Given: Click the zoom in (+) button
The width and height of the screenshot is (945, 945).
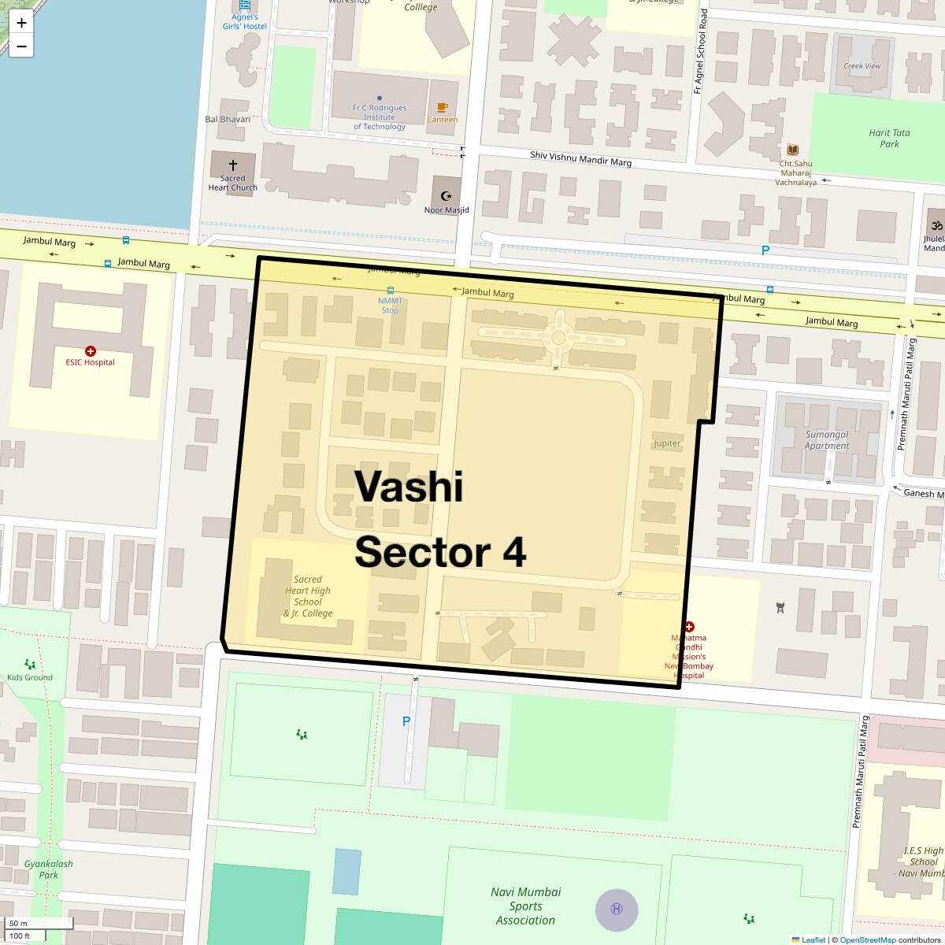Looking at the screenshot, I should point(21,23).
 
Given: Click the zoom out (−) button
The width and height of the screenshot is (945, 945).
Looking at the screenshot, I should point(21,46).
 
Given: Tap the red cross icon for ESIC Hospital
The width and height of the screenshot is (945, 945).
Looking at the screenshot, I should point(91,351).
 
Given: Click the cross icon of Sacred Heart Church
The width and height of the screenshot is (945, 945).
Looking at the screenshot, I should point(233,167).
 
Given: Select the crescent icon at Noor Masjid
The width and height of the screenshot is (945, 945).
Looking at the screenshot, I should point(447,196).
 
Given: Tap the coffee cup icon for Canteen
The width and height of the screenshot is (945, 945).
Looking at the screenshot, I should point(442,108).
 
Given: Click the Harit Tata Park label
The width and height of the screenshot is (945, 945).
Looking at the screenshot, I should point(889,139).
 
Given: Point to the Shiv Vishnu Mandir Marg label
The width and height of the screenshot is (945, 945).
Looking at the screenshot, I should point(580,159).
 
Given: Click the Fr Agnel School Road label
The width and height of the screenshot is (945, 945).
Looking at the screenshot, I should point(700,52).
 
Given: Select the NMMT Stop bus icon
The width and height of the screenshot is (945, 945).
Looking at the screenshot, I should point(390,291).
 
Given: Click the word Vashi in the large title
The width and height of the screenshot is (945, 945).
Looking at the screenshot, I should point(409,486).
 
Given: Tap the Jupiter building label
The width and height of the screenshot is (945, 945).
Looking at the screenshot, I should point(667,443).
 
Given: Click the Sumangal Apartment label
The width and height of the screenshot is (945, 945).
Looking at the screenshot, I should point(827,440).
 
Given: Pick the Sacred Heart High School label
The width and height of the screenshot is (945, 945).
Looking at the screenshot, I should point(308,596).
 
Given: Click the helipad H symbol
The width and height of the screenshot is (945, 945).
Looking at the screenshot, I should point(617,909).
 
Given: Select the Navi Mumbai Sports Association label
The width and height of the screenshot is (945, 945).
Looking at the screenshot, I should point(525,906).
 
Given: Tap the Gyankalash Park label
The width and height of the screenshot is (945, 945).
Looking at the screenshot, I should point(48,869).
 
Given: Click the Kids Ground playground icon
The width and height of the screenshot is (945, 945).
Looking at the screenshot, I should point(30,665).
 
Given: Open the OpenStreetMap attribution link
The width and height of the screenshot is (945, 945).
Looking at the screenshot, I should point(867,939).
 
